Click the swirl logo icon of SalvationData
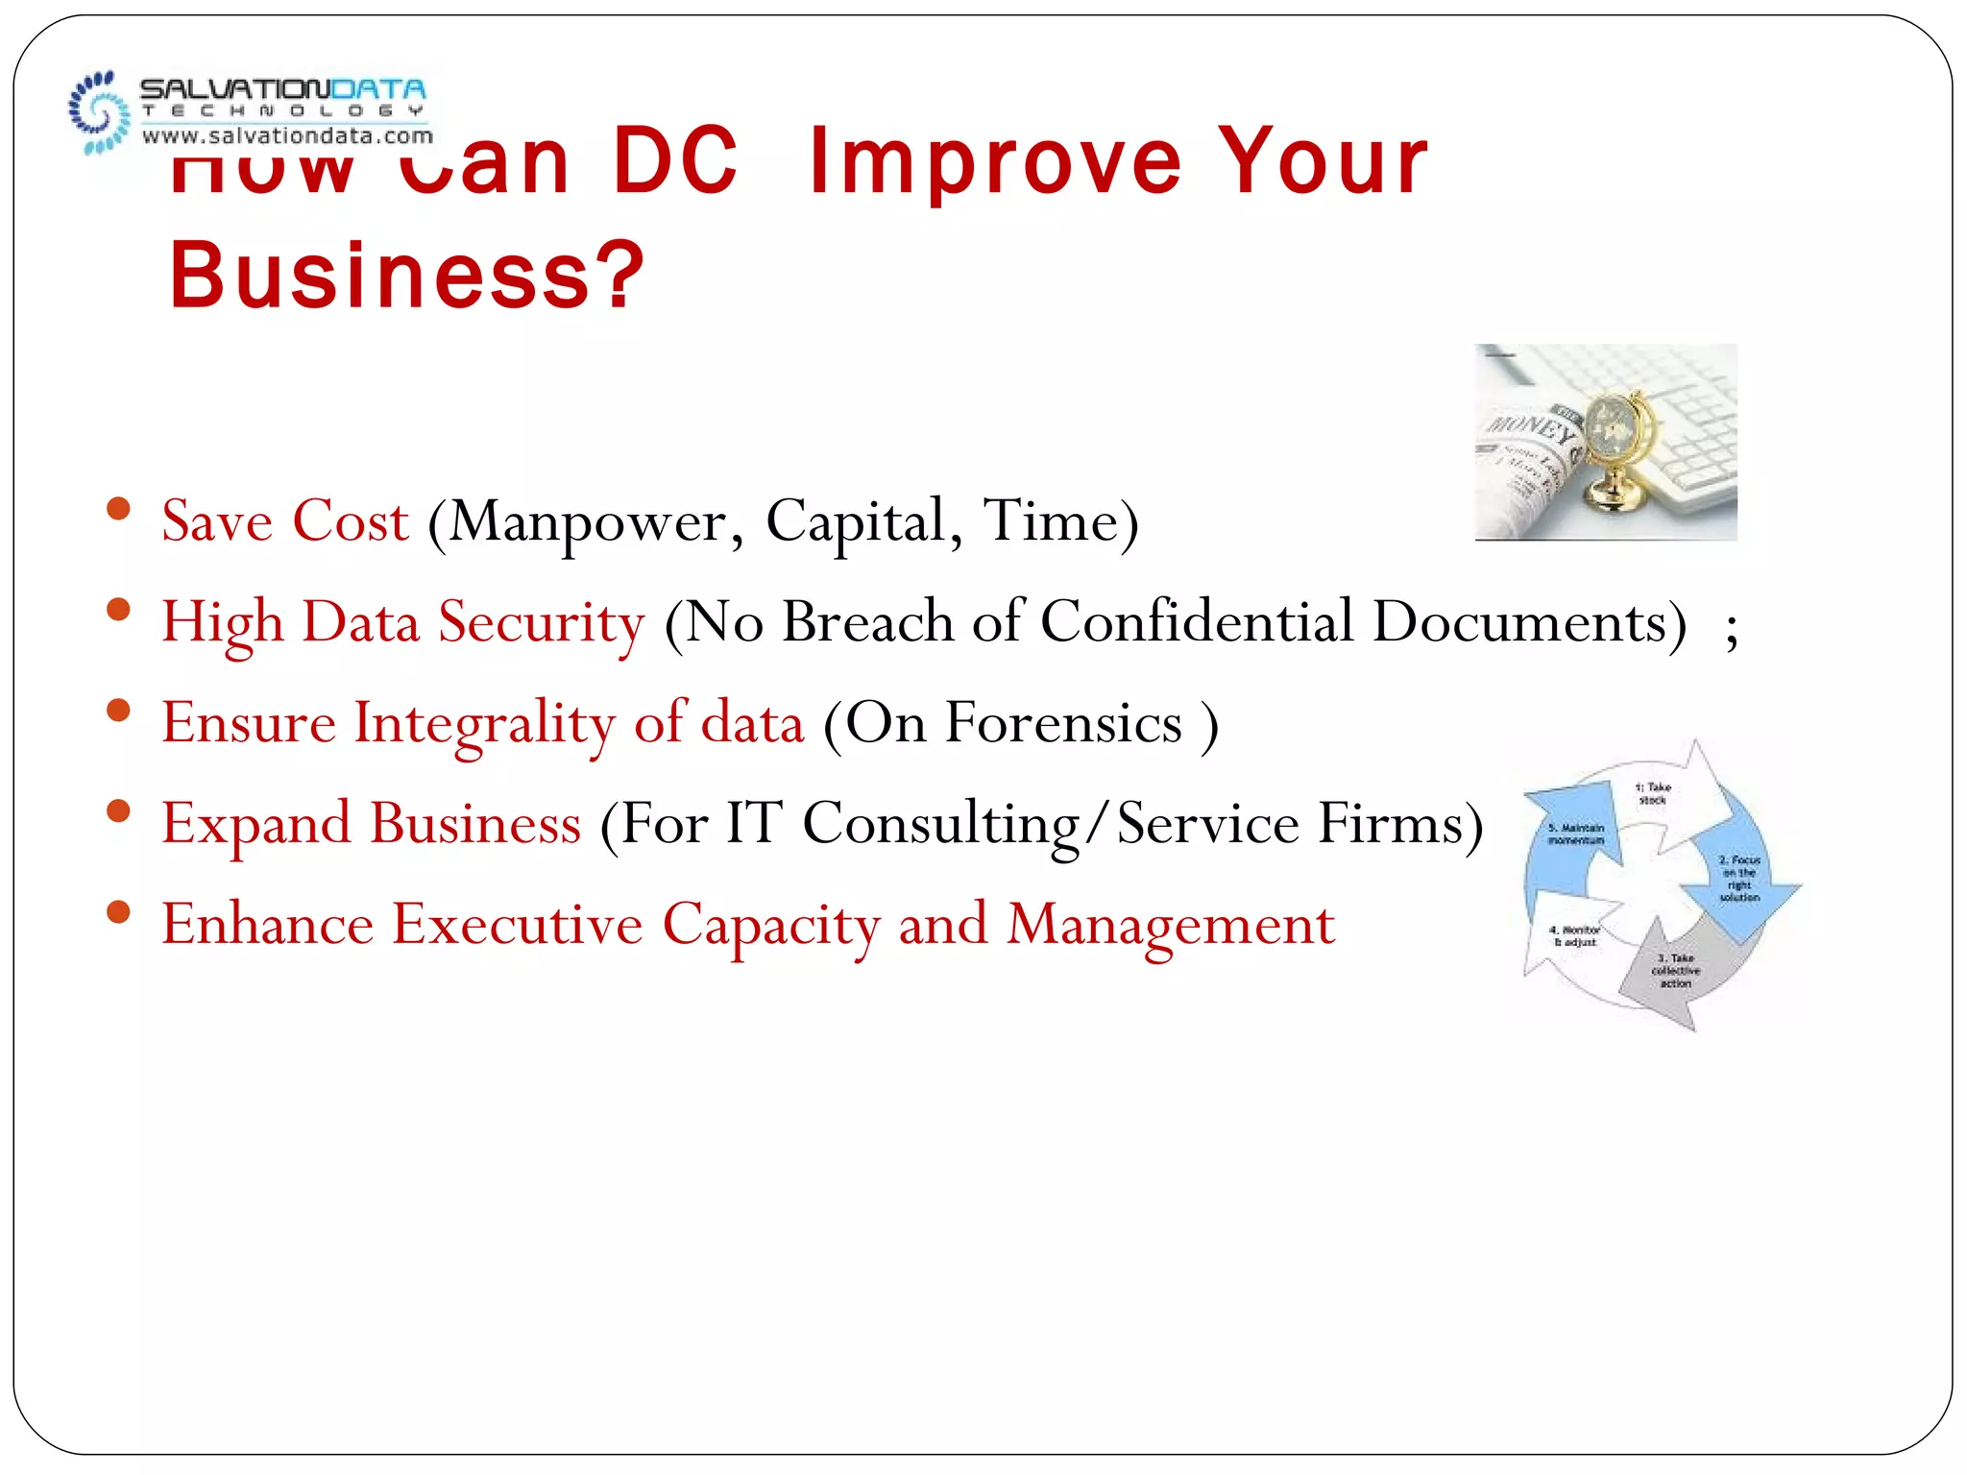99,112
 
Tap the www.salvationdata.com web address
287,136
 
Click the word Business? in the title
406,276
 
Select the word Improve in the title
995,162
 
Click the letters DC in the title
675,162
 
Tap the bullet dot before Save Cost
118,509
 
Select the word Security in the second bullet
542,623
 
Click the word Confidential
1197,621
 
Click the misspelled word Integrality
484,724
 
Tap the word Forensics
1063,722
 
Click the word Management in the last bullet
1170,926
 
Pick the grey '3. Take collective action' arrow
1675,970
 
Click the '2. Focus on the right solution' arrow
1739,878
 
